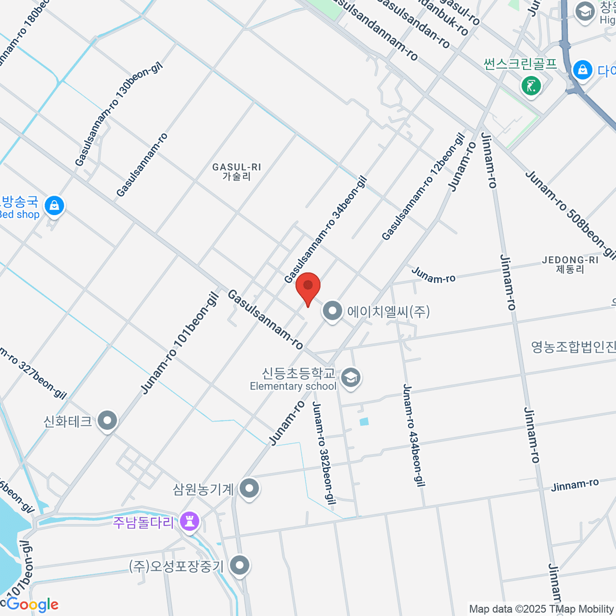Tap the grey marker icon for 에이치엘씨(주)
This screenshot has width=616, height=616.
click(333, 311)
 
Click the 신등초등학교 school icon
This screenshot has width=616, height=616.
click(351, 378)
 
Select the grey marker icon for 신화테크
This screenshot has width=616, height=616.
click(107, 421)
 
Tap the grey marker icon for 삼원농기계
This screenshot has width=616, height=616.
click(249, 489)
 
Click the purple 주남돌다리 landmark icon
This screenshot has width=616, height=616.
click(190, 522)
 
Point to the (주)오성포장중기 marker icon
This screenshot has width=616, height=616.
click(239, 566)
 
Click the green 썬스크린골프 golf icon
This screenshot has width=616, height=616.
click(531, 85)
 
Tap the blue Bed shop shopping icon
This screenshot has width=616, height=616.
click(54, 206)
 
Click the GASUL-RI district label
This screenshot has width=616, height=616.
click(237, 171)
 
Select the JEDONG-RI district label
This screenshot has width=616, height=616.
click(570, 264)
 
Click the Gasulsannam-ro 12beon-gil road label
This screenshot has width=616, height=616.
click(423, 187)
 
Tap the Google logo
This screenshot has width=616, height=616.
click(32, 605)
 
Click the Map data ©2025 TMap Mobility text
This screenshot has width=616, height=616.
click(541, 609)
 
